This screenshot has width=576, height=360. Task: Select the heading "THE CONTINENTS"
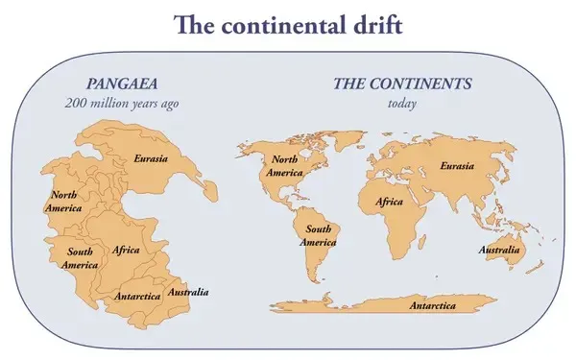(x=402, y=84)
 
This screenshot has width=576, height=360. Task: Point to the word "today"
(x=402, y=103)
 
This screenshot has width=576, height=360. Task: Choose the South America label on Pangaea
(x=81, y=257)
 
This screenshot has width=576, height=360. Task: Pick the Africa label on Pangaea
(x=126, y=250)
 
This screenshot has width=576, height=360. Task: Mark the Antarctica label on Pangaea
(x=137, y=296)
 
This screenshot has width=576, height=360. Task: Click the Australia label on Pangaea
(x=188, y=291)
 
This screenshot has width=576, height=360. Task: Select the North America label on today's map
(x=287, y=166)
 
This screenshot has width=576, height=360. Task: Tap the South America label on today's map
(x=319, y=235)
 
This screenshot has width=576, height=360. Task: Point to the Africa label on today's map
(x=389, y=203)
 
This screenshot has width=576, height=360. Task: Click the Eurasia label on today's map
(x=456, y=166)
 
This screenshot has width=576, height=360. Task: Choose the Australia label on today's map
(x=498, y=252)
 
